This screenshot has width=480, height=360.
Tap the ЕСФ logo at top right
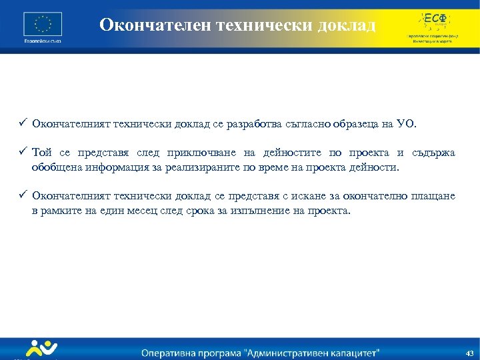(431, 19)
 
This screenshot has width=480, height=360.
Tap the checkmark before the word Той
(22, 153)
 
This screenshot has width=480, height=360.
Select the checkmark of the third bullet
(22, 195)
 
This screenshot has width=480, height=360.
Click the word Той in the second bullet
(42, 153)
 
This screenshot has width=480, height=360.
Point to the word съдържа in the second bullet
(434, 153)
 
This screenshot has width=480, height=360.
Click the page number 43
(469, 352)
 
